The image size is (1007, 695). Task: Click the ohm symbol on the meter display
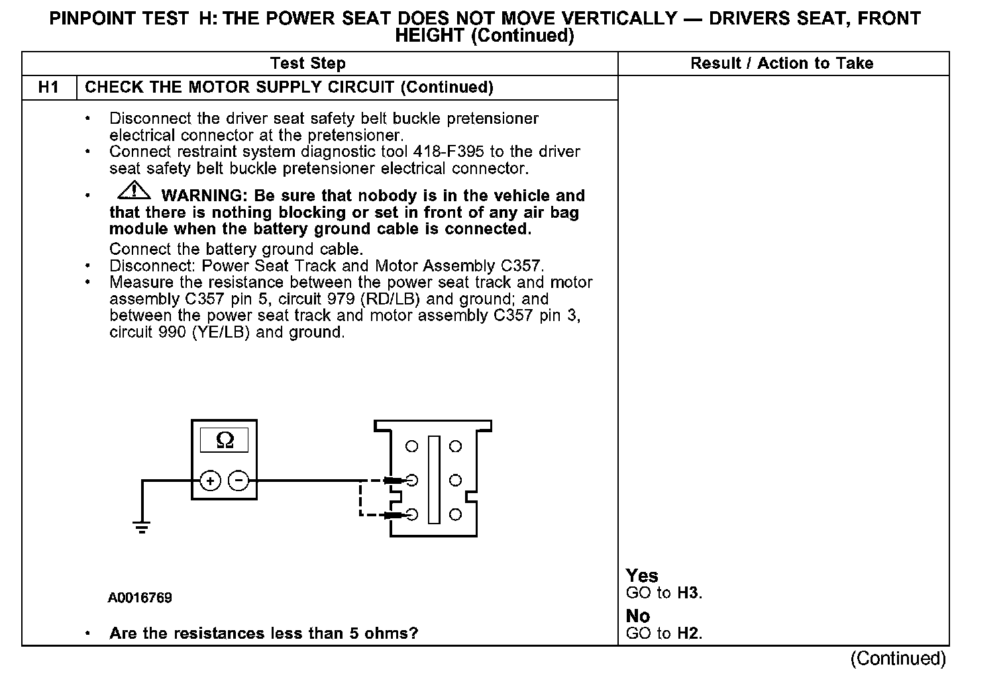(x=225, y=440)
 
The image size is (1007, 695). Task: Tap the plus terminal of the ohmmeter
(x=210, y=481)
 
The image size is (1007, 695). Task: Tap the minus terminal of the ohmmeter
(x=239, y=481)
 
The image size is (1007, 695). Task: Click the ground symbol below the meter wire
(x=141, y=528)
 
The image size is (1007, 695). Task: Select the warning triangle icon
(x=134, y=191)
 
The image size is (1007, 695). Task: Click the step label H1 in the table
(x=49, y=87)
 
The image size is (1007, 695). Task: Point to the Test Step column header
(x=308, y=64)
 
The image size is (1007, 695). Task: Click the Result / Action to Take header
(x=782, y=64)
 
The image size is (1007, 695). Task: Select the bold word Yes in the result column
(x=642, y=576)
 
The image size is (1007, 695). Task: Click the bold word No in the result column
(x=638, y=616)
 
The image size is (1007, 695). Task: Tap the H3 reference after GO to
(x=688, y=593)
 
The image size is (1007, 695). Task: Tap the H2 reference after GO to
(x=688, y=633)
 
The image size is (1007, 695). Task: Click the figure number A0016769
(x=140, y=598)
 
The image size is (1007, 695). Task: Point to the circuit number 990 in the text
(x=172, y=332)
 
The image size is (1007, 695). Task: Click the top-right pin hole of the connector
(x=455, y=447)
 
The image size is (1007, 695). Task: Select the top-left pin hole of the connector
(x=412, y=447)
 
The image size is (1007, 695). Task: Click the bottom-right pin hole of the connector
(x=455, y=514)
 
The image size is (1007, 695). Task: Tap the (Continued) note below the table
(x=898, y=659)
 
